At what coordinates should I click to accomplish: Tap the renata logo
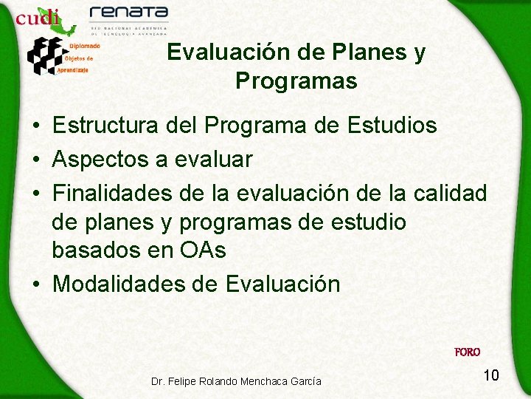click(129, 13)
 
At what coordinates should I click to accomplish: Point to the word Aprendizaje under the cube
click(73, 70)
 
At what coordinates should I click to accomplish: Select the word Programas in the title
click(296, 81)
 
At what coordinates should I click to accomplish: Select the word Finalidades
click(114, 193)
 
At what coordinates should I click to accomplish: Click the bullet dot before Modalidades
click(36, 284)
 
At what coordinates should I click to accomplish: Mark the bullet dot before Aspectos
click(36, 160)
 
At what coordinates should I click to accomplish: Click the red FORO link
click(467, 352)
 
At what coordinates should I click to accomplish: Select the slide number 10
click(491, 375)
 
